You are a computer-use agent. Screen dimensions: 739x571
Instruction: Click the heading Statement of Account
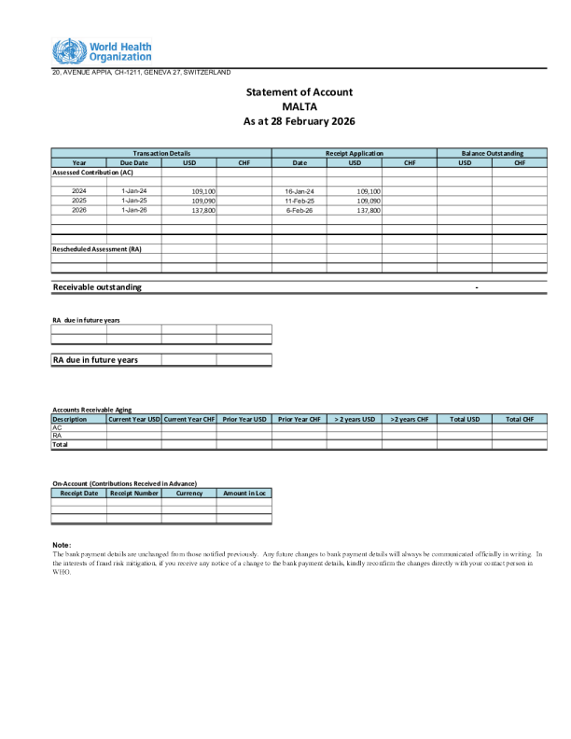(299, 92)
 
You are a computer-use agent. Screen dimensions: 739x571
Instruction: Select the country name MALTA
(299, 107)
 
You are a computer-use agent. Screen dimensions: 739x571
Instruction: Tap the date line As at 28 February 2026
(299, 122)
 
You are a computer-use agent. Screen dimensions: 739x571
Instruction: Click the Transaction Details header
(161, 153)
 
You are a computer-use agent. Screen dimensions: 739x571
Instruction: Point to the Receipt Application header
(354, 153)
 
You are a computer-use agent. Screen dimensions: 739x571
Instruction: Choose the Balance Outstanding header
(493, 153)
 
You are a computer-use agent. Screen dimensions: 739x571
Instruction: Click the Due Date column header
(133, 162)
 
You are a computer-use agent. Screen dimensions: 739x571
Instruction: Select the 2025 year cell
(79, 201)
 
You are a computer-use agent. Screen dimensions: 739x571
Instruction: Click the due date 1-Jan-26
(134, 210)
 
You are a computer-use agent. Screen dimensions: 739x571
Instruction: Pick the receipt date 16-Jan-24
(299, 191)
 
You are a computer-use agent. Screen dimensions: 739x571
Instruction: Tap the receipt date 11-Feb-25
(299, 201)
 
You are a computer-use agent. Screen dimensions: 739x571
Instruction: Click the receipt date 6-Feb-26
(299, 210)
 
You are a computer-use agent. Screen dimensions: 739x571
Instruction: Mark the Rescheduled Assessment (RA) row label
(97, 249)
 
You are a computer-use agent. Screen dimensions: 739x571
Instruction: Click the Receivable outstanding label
(97, 286)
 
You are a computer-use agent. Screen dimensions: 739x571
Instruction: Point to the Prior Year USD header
(244, 420)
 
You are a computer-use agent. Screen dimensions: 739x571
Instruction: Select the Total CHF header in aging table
(520, 420)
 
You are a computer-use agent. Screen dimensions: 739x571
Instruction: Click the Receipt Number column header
(134, 493)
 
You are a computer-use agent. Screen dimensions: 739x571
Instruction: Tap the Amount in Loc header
(244, 493)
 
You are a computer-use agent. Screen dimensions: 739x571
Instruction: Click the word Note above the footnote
(62, 544)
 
